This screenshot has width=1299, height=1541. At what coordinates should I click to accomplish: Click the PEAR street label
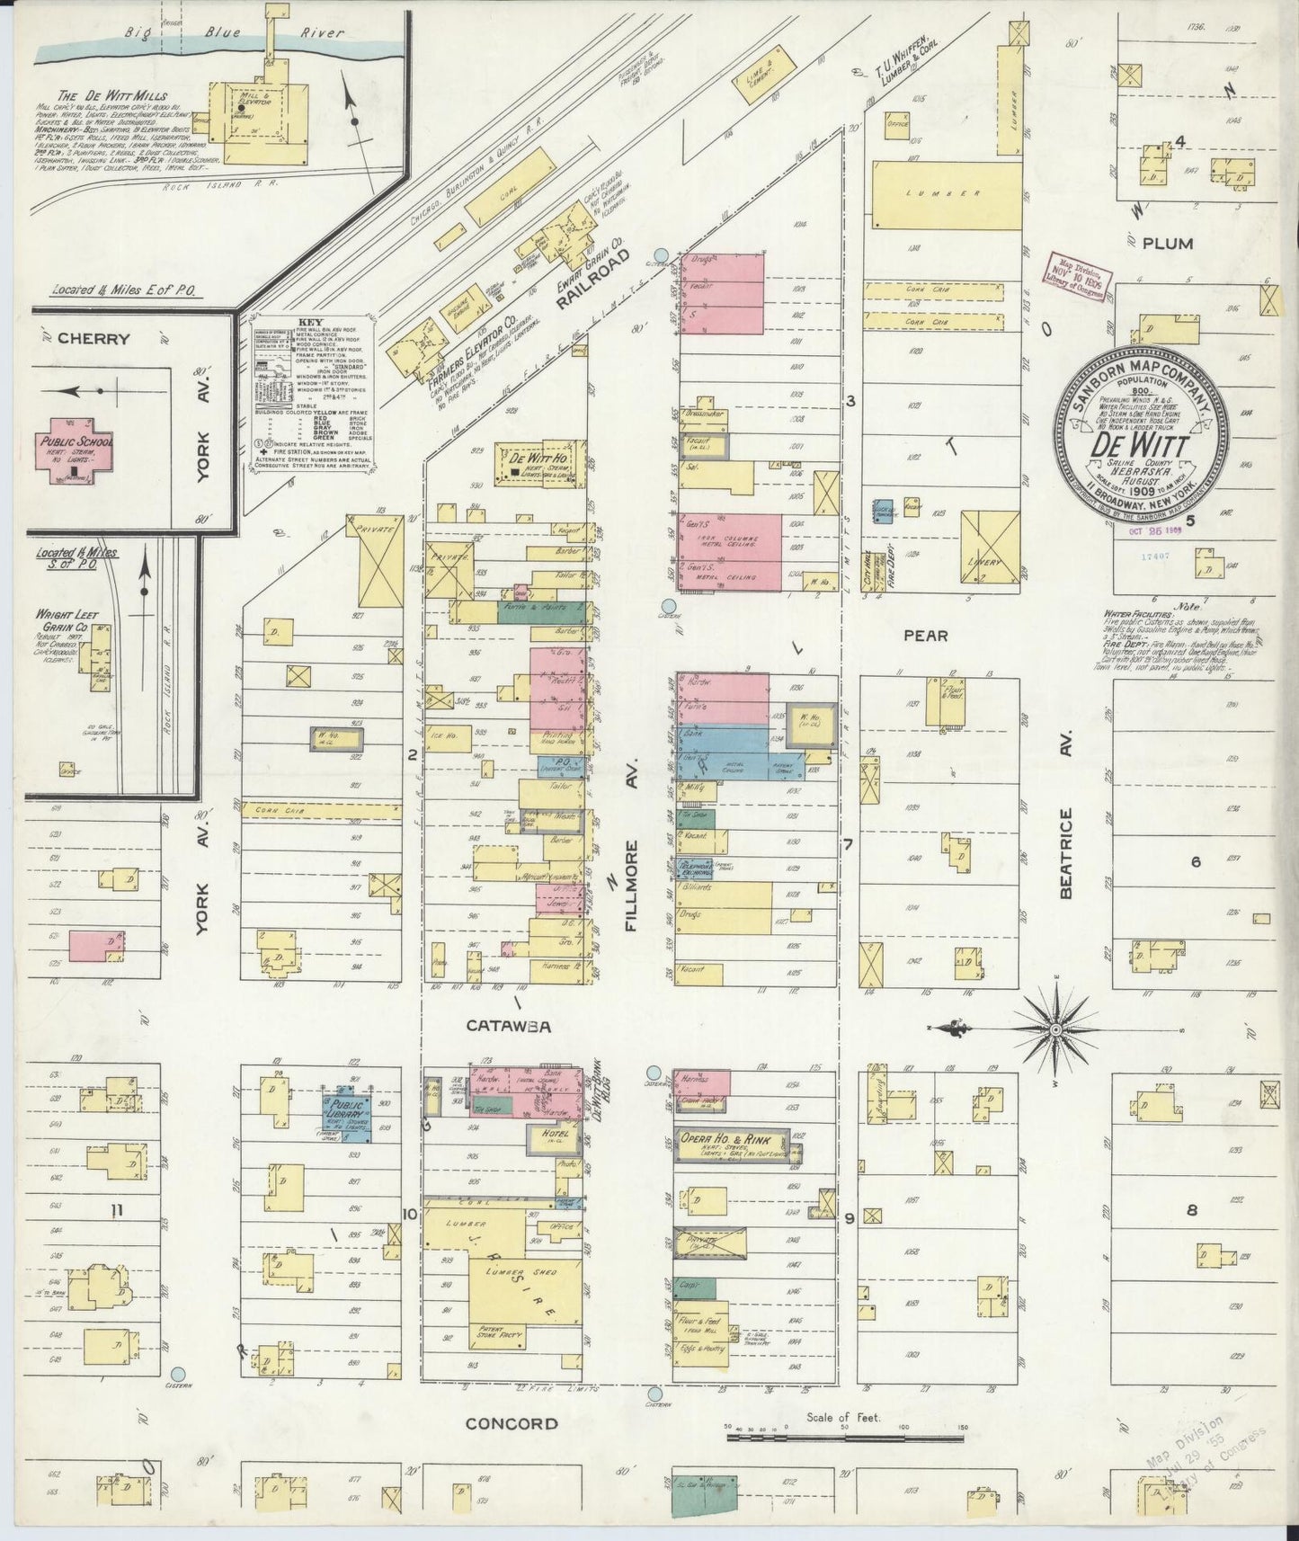[x=925, y=636]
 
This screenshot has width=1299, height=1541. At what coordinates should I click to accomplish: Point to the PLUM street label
[x=1166, y=244]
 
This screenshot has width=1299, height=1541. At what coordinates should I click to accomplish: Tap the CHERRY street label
[x=93, y=339]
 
